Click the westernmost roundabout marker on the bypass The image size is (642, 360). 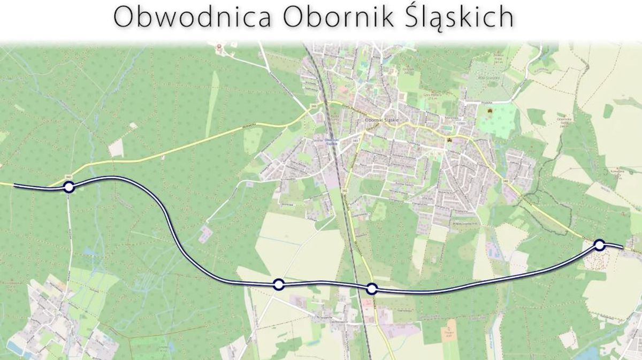click(68, 187)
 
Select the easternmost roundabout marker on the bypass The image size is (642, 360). click(599, 245)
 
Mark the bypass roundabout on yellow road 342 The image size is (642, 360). click(372, 289)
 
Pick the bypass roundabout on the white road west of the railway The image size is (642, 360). click(278, 284)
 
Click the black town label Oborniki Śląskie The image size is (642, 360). click(381, 120)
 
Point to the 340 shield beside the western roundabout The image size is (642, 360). click(68, 177)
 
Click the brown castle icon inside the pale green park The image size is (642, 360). click(489, 110)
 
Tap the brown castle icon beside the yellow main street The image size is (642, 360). click(449, 140)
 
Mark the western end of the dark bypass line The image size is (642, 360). click(15, 186)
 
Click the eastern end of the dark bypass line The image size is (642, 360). click(622, 247)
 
